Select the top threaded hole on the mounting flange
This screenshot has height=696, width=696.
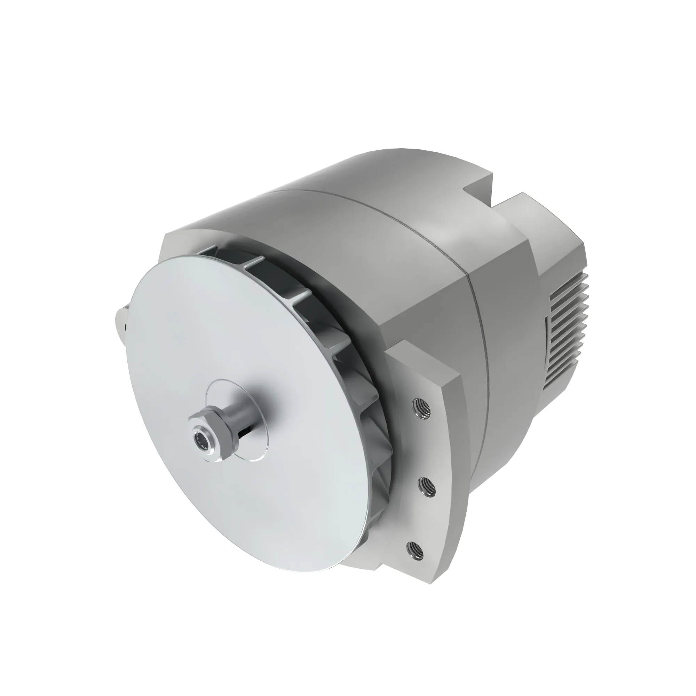[421, 408]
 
